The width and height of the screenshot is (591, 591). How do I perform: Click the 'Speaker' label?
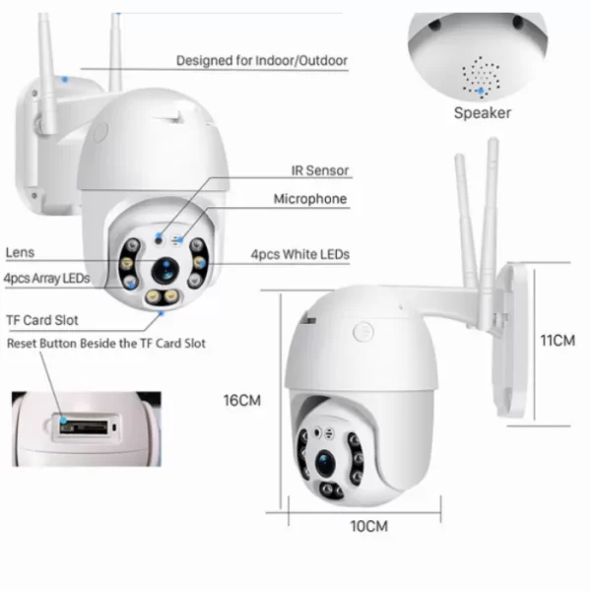pos(483,113)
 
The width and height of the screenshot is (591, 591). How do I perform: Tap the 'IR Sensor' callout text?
pos(320,170)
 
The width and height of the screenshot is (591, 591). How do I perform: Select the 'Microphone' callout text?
pos(310,199)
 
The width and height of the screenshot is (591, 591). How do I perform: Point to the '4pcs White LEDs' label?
pos(300,254)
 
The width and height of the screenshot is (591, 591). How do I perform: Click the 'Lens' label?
pos(20,252)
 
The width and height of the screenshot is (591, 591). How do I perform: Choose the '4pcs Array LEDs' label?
pos(46,279)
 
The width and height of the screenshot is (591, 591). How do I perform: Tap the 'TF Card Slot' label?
pos(42,320)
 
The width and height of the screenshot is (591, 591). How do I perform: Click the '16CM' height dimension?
pos(242,400)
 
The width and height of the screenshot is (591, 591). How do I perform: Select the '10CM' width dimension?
pos(369,527)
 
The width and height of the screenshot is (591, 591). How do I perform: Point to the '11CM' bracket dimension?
pos(558,341)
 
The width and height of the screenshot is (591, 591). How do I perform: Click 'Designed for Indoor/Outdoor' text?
pos(262,61)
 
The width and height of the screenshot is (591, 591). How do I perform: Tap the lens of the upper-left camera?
pos(165,270)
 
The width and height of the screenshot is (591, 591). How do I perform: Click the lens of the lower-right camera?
pos(325,463)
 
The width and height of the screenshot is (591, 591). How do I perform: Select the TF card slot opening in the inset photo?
pos(84,427)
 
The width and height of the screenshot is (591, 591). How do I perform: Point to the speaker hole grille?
pos(481,77)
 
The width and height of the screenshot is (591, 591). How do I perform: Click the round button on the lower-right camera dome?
pos(363,332)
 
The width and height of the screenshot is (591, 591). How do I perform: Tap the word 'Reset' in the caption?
pos(22,344)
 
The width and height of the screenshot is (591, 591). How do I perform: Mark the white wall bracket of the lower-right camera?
pos(511,339)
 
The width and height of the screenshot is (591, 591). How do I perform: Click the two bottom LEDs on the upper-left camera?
pos(163,296)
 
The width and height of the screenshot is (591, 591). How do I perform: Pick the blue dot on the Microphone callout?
pos(180,239)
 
